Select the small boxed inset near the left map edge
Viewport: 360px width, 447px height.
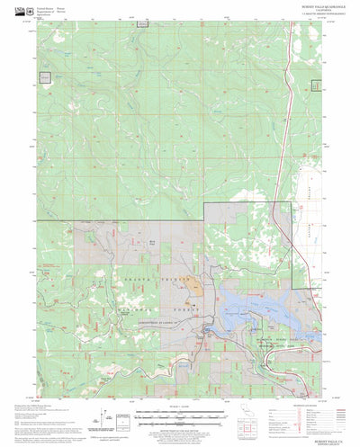tap(45, 76)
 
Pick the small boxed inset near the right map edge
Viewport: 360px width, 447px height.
tap(316, 86)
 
